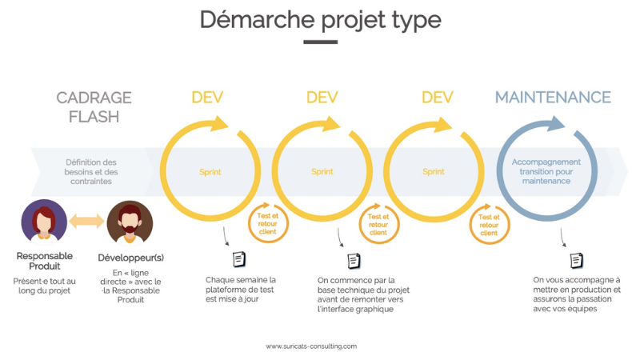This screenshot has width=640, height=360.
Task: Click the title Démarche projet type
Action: point(321,19)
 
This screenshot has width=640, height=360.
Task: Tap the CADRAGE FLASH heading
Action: point(94,107)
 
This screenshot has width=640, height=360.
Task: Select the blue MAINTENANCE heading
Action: point(553,98)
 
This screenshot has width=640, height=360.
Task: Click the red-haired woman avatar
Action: point(44,222)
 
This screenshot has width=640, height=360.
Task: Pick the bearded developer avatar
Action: point(130,223)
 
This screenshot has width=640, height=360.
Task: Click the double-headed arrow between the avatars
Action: point(86,221)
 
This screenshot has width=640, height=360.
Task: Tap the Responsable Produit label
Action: point(45,261)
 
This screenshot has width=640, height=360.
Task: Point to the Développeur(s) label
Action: point(130,258)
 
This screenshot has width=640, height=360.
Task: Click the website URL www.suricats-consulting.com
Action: point(311,346)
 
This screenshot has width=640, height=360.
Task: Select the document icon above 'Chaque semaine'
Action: point(239,259)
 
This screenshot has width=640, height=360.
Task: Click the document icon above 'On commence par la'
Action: point(354,261)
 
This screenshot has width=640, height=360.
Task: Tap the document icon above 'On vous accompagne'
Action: point(576,261)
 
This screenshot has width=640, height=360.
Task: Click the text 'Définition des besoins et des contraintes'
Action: point(91,172)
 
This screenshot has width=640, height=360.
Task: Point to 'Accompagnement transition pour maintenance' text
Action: point(546,171)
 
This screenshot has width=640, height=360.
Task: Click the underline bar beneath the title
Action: point(321,42)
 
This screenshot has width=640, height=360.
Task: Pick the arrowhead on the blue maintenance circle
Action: point(556,123)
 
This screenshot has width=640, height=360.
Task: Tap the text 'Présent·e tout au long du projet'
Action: point(44,286)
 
